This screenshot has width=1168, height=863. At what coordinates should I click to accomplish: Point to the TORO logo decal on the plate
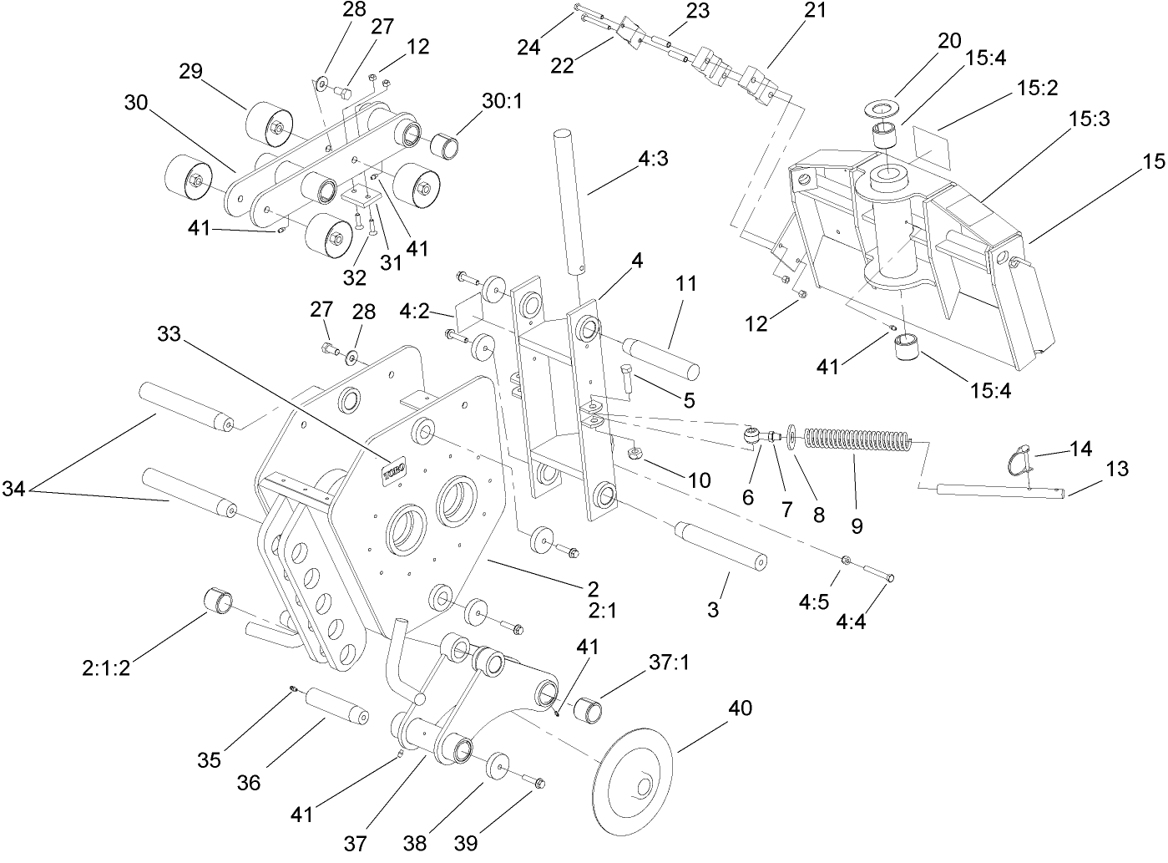(394, 470)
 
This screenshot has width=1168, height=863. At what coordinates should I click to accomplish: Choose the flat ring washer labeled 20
(882, 106)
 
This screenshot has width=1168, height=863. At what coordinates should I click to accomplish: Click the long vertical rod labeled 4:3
(568, 201)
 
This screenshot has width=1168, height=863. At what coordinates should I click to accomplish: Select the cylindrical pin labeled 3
(723, 546)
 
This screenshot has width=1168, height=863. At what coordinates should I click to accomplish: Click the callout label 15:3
(1089, 119)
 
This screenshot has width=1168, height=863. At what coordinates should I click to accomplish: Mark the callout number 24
(528, 47)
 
